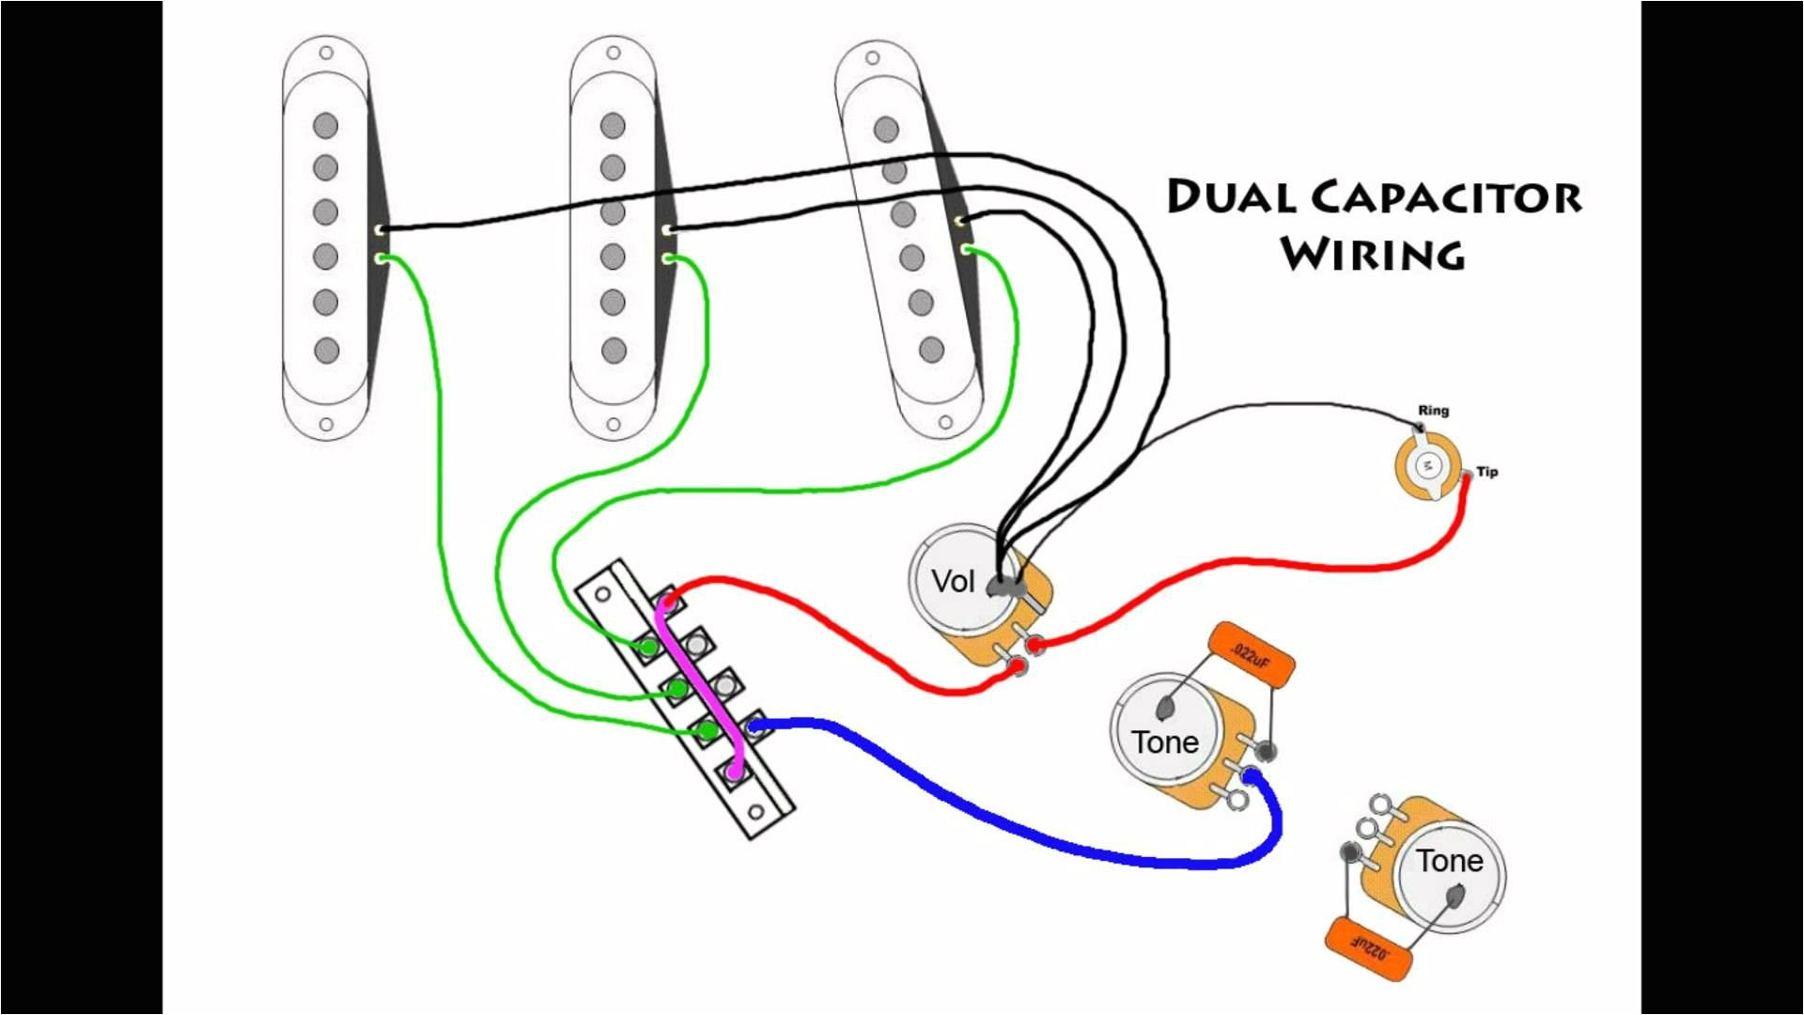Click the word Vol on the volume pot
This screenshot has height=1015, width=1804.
[x=953, y=581]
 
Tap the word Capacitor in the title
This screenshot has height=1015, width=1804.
[x=1446, y=197]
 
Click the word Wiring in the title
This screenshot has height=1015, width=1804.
[x=1373, y=254]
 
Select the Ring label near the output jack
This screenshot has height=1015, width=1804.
[x=1433, y=411]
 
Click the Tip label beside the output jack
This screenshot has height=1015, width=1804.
[x=1487, y=472]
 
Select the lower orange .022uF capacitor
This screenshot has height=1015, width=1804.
[x=1368, y=950]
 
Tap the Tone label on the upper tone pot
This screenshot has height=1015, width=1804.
[x=1165, y=742]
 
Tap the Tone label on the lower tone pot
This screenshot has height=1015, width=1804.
[x=1450, y=861]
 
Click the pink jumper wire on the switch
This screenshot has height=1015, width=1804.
[x=699, y=686]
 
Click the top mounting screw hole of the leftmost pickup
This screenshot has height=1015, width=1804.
[x=326, y=54]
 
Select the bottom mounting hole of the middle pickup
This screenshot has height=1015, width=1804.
[x=614, y=424]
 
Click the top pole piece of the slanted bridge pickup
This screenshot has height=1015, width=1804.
[x=885, y=129]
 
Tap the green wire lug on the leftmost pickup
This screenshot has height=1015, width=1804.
[x=381, y=258]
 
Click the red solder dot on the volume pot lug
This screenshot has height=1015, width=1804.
[x=1034, y=645]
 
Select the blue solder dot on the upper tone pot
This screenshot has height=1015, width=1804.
[x=1252, y=775]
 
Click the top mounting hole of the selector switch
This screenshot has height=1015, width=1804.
[x=602, y=594]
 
